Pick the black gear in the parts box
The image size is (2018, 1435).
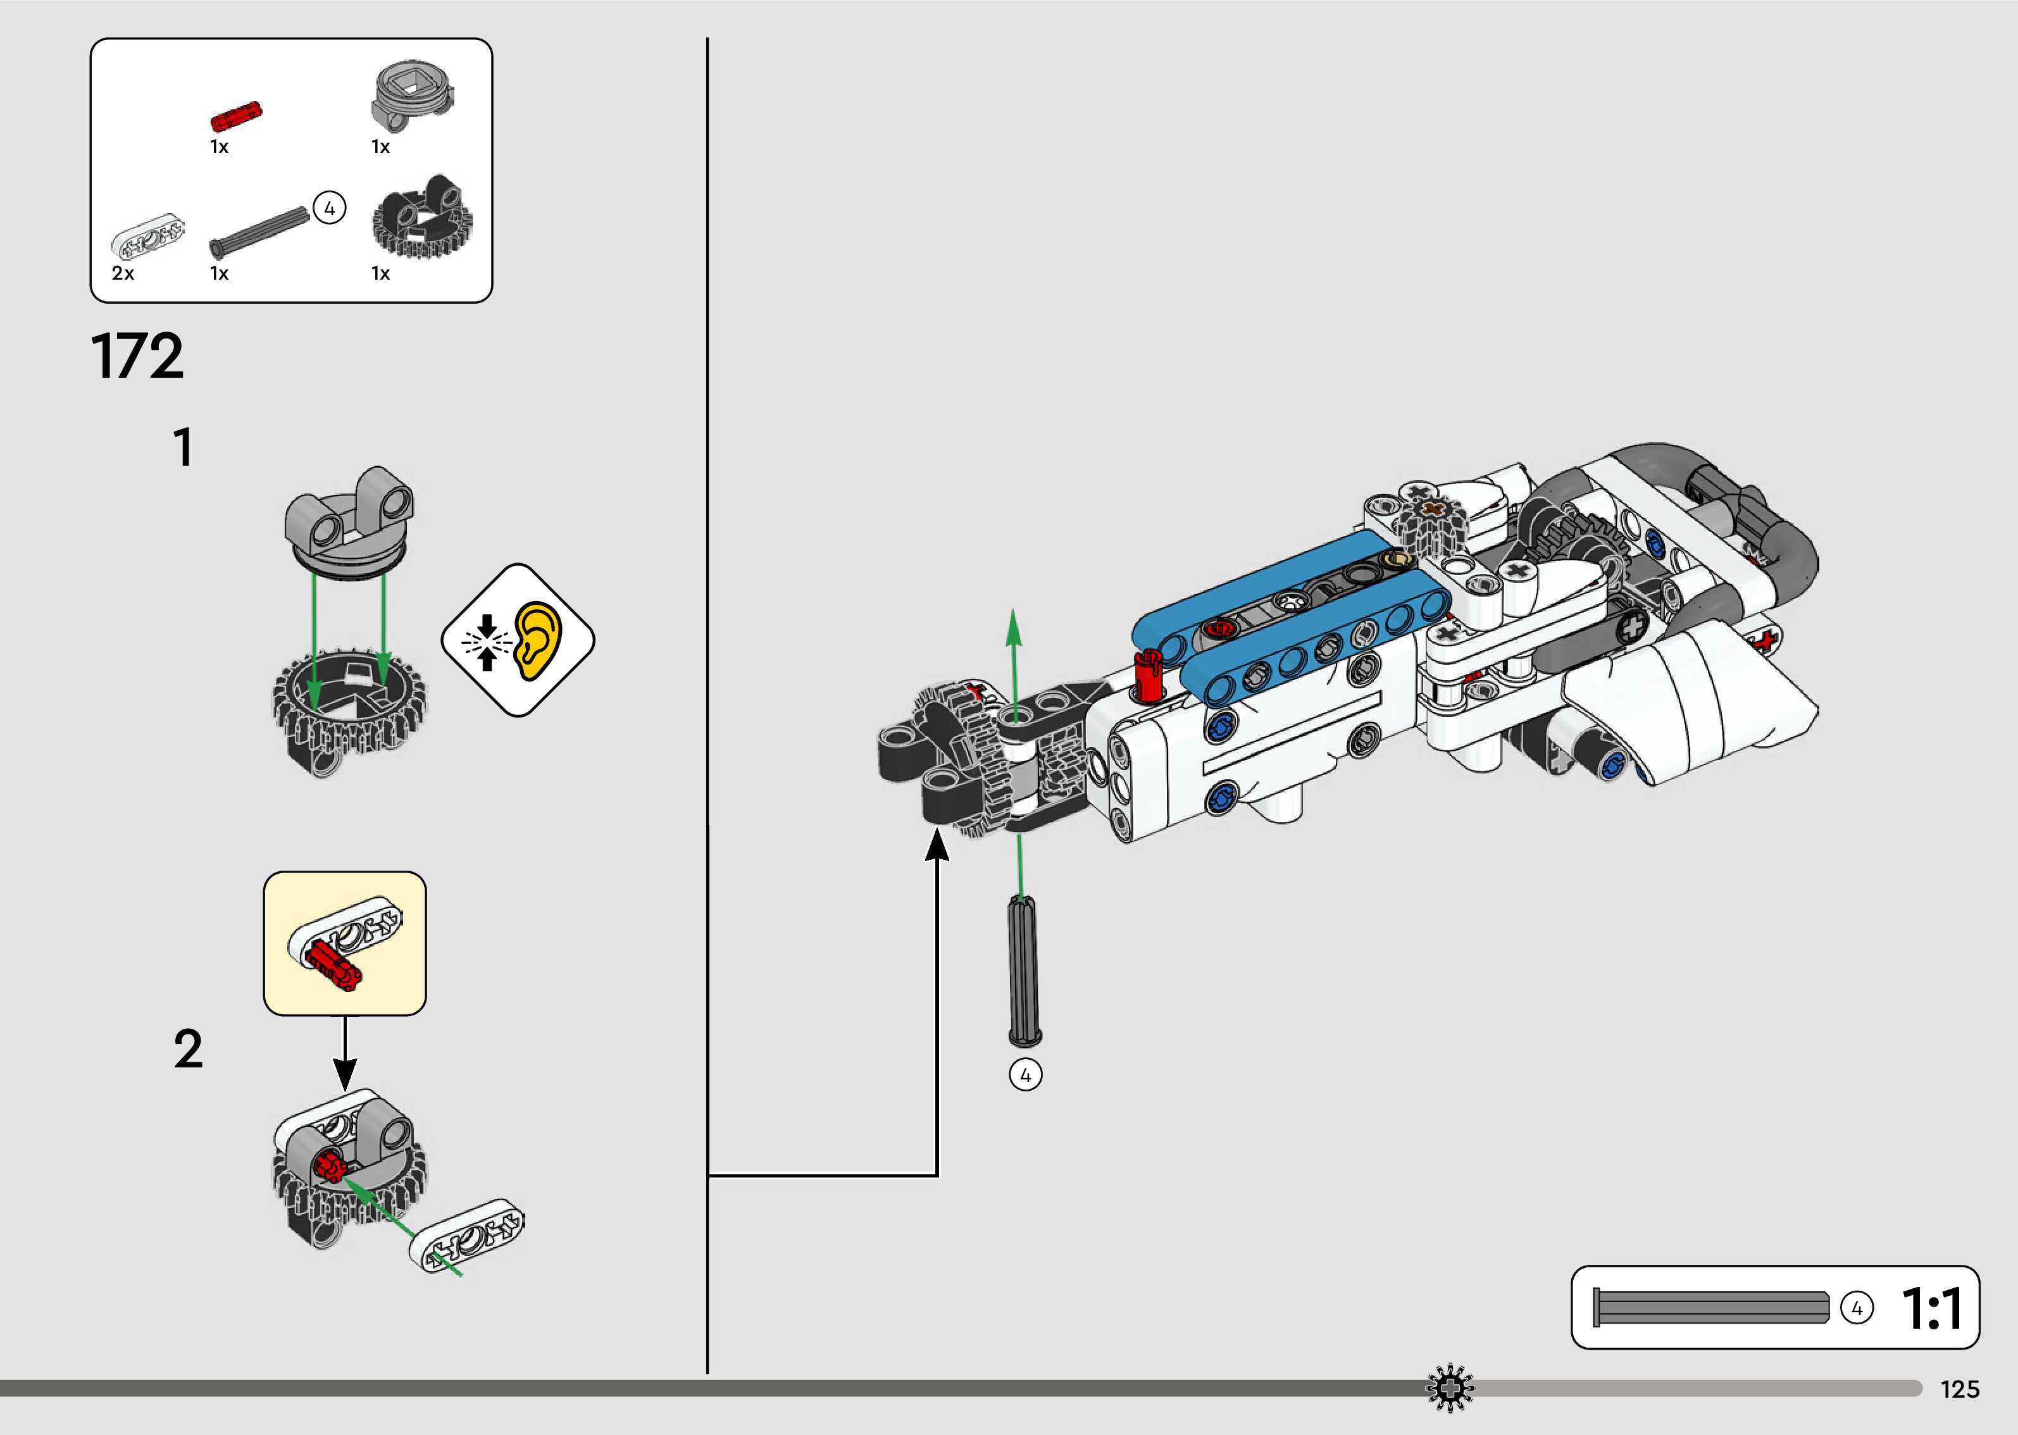tap(421, 218)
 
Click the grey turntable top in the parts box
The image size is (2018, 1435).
tap(413, 94)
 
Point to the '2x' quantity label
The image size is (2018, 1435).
tap(123, 274)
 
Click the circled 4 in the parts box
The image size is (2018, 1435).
tap(330, 209)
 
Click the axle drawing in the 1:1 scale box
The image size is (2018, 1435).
tap(1710, 1308)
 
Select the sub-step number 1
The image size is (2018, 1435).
tap(183, 447)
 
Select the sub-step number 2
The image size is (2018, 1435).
tap(188, 1049)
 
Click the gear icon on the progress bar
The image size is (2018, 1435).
tap(1450, 1389)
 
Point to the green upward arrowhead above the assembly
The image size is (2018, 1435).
tap(1014, 624)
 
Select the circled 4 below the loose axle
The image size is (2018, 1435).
tap(1025, 1076)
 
